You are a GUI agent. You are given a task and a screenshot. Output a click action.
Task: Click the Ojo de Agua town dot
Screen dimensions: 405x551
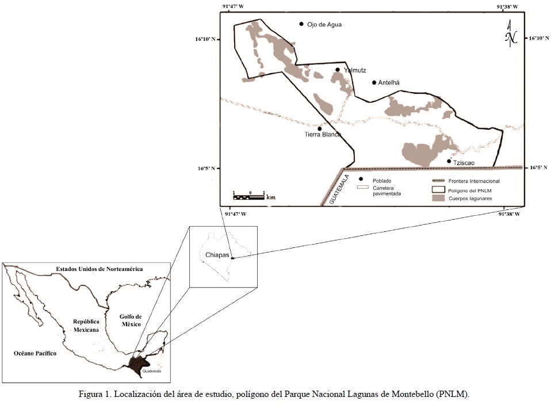(x=301, y=24)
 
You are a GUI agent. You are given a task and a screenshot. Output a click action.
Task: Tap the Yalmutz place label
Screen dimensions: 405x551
(x=355, y=70)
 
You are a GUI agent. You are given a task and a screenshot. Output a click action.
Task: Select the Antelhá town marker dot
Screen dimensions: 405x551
(x=374, y=83)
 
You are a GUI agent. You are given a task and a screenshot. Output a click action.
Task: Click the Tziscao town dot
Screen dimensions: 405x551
(x=449, y=161)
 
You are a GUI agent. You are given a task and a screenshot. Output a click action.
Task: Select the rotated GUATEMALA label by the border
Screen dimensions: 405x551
(x=339, y=189)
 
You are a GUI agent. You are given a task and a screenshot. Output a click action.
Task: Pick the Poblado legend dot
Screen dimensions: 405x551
(x=361, y=179)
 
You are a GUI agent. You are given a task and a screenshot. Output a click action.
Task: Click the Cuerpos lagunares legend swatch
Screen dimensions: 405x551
(x=439, y=198)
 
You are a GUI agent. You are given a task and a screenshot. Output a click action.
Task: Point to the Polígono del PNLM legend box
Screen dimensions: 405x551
(x=439, y=189)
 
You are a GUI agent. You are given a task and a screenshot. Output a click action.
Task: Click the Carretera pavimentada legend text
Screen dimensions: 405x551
(x=386, y=191)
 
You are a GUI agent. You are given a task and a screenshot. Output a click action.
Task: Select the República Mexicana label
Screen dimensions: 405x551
(x=86, y=326)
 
